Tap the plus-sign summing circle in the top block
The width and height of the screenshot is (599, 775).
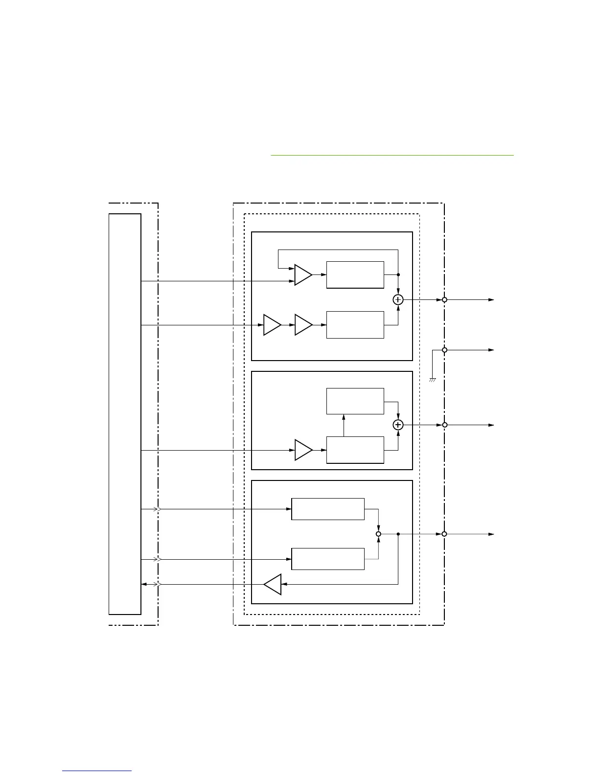pos(398,300)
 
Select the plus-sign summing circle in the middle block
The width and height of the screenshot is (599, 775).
pos(398,425)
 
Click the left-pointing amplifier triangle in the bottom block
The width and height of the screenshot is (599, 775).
pos(273,584)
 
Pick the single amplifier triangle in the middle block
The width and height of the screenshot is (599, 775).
pos(303,450)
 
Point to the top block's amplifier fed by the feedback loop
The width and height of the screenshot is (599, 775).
pos(303,275)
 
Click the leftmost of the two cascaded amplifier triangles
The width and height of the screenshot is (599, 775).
pos(272,325)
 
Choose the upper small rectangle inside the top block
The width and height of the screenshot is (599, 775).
pos(355,275)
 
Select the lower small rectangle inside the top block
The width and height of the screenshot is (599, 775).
pos(355,324)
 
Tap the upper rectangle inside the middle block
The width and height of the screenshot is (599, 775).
pos(355,401)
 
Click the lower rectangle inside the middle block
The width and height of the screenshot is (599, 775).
pos(355,450)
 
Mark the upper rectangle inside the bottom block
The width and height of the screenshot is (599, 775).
pos(328,509)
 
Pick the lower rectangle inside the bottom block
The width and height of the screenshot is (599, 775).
pos(328,559)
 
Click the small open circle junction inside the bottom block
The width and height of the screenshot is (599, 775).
pos(378,534)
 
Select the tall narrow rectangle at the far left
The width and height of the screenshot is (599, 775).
pos(125,413)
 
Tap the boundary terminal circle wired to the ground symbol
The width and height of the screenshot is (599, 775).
pos(444,350)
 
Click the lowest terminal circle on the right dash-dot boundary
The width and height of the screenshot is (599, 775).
pos(444,534)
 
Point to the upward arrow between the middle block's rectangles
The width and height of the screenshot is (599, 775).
pos(344,425)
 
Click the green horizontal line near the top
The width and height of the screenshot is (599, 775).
pos(392,155)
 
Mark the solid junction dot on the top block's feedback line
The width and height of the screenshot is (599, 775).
pos(398,275)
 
